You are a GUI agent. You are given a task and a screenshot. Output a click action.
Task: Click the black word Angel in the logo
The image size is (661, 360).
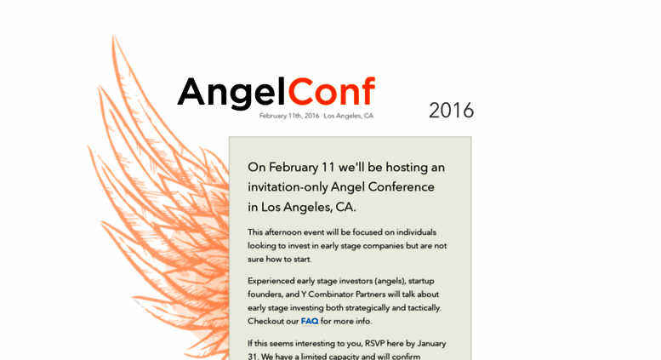[232, 93]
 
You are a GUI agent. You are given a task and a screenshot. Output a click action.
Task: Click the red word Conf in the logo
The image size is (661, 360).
[331, 91]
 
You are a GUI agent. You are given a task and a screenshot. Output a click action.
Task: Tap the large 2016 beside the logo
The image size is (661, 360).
[451, 111]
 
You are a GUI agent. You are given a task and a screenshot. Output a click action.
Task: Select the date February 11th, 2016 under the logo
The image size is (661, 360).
[289, 116]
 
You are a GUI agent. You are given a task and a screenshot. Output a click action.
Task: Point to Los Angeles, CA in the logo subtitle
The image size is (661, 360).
[349, 116]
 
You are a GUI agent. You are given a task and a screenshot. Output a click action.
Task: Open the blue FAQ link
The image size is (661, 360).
[310, 321]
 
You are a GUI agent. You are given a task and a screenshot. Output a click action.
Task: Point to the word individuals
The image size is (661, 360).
[416, 232]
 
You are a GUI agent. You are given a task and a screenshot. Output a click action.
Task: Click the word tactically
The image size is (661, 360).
[425, 308]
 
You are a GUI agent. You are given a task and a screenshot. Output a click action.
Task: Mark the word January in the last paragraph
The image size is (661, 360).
[431, 344]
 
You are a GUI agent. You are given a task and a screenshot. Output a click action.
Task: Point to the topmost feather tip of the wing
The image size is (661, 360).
[113, 36]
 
